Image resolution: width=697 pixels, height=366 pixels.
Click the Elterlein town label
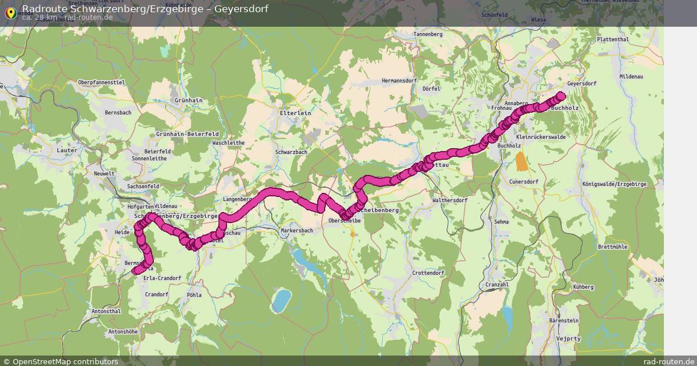(x=296, y=113)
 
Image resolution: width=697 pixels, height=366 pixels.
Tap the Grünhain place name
(x=188, y=101)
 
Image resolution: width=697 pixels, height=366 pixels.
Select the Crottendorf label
(x=427, y=273)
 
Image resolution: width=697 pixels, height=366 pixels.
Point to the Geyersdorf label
(x=581, y=84)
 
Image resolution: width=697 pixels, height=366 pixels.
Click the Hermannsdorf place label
(x=400, y=80)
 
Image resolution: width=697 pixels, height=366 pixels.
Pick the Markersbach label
(x=297, y=231)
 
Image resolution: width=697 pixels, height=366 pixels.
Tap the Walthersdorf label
(x=450, y=200)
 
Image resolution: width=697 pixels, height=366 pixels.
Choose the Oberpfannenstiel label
(x=102, y=82)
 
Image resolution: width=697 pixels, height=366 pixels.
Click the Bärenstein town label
(x=564, y=320)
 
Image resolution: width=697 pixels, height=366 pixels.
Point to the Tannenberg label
(x=428, y=34)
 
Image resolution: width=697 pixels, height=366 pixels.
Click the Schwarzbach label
(x=291, y=152)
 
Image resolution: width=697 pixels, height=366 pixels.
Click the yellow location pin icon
(x=10, y=12)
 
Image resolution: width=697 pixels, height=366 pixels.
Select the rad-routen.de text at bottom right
(x=669, y=361)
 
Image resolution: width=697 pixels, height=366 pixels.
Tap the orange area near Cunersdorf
(x=522, y=161)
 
